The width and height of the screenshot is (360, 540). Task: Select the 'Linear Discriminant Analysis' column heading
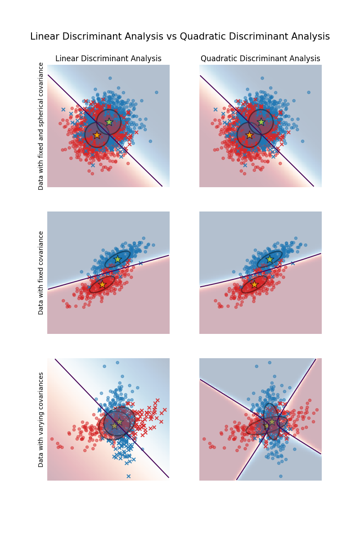[x=108, y=58]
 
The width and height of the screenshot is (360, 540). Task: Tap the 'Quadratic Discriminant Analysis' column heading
[x=260, y=58]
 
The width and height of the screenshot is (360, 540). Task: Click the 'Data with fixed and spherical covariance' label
[x=41, y=126]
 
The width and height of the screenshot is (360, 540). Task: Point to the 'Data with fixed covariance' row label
[x=41, y=273]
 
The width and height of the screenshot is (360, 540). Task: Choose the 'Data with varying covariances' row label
[x=41, y=419]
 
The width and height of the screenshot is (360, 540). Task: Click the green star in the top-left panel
[x=109, y=122]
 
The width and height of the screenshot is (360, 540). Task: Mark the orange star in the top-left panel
[x=97, y=135]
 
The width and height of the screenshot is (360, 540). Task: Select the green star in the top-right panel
[x=261, y=122]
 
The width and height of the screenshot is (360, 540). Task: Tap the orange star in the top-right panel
[x=249, y=135]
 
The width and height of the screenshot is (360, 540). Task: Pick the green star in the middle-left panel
[x=117, y=259]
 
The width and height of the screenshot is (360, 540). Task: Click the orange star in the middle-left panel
[x=102, y=284]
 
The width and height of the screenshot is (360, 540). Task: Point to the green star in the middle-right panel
[x=270, y=259]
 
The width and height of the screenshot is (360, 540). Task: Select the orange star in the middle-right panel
[x=254, y=284]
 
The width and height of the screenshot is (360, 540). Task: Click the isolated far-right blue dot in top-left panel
[x=157, y=92]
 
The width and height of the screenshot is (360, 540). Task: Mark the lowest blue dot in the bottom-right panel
[x=280, y=476]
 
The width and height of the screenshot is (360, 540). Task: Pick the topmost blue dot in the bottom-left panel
[x=117, y=362]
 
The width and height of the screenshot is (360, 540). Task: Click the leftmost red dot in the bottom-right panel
[x=204, y=439]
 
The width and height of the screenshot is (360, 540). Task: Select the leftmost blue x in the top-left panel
[x=63, y=109]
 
